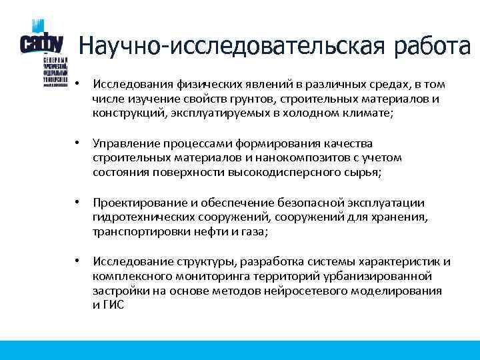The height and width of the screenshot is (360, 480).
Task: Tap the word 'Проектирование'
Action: pos(133,202)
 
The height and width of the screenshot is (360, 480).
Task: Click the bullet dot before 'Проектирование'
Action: pos(78,201)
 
